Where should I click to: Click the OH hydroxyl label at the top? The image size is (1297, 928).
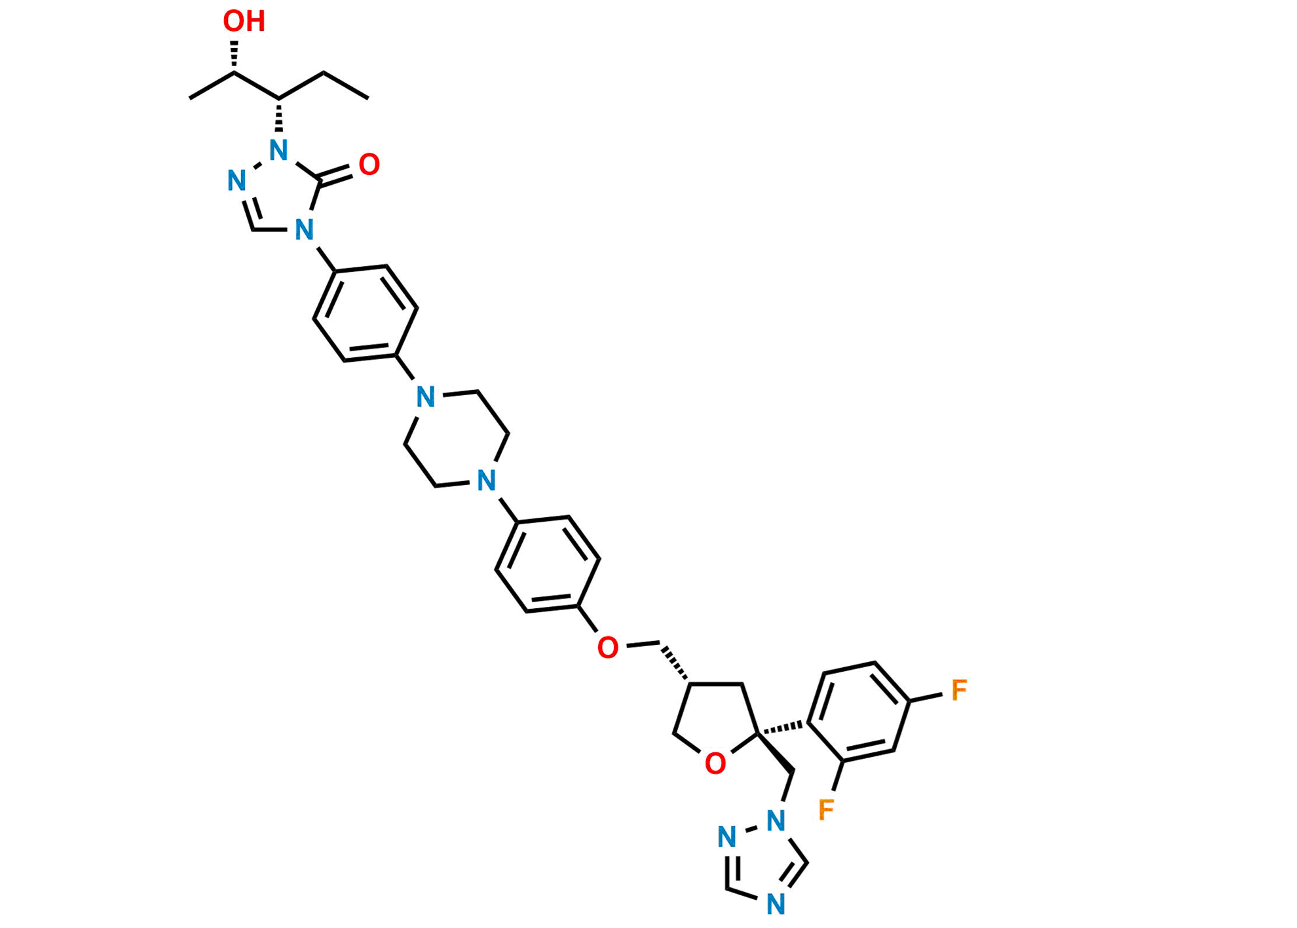coord(244,21)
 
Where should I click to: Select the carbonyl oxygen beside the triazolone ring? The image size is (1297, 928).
coord(369,164)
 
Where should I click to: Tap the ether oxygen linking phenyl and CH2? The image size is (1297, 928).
coord(607,648)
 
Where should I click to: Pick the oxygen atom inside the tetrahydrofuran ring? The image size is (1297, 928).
coord(715,764)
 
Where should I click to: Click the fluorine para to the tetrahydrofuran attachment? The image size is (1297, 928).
coord(960,689)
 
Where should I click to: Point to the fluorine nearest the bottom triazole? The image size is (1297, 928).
coord(827,809)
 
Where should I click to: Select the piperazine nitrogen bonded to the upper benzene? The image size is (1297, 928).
coord(426,397)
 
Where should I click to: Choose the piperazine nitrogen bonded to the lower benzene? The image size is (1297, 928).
coord(486,480)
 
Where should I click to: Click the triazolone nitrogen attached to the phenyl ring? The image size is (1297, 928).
coord(303,230)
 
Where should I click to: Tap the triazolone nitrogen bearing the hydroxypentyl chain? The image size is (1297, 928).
coord(279,151)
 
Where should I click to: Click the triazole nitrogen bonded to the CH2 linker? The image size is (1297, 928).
coord(776,821)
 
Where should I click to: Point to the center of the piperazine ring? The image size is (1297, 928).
coord(457,438)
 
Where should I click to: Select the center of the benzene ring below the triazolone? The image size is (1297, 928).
coord(366,313)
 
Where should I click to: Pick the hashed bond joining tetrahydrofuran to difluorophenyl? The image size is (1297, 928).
coord(784,727)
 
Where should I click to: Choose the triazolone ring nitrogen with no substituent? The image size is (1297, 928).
coord(236,180)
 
